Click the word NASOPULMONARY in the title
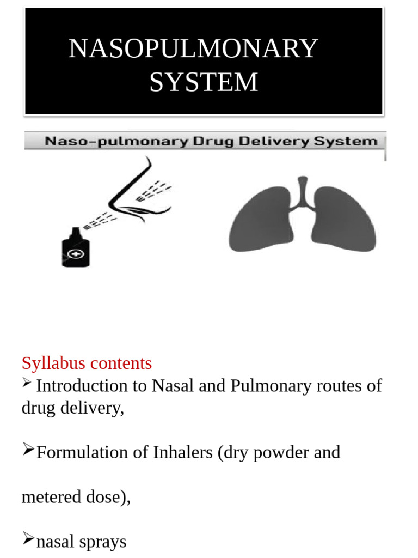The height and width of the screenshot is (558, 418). click(193, 49)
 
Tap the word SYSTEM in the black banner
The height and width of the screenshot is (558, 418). click(204, 82)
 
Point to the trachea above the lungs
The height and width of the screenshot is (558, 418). click(303, 188)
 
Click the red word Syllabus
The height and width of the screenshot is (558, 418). click(52, 363)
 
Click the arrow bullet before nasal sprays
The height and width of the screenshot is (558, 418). click(28, 539)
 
